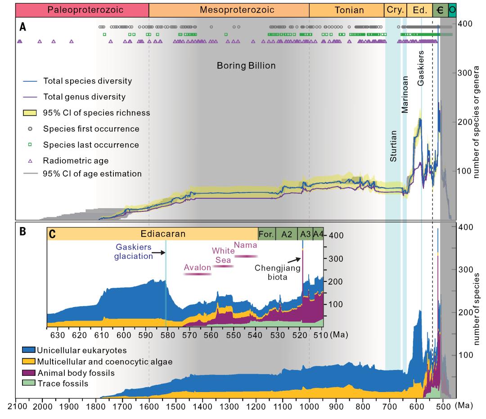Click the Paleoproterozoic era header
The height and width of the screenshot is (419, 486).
[82, 9]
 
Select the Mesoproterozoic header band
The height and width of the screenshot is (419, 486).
[229, 9]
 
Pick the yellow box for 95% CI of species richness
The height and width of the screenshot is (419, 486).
[32, 113]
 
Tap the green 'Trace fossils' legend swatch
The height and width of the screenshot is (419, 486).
[28, 383]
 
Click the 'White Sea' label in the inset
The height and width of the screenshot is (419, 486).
[222, 255]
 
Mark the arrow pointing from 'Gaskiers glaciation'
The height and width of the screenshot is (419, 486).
[158, 254]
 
